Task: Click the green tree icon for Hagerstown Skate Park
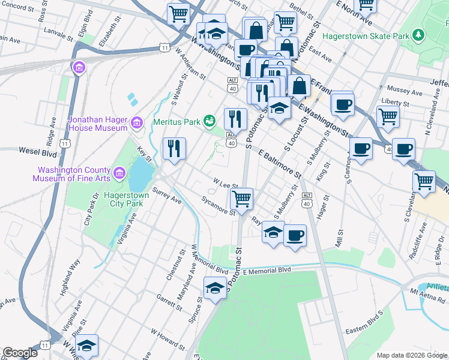(x=418, y=36)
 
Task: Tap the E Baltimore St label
(x=280, y=164)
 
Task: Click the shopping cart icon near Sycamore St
(x=241, y=198)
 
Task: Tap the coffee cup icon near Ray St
(x=294, y=235)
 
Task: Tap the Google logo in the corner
(x=20, y=353)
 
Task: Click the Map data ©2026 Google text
(x=412, y=355)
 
